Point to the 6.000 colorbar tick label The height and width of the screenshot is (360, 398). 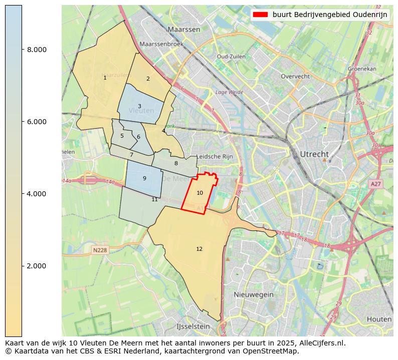point(37,122)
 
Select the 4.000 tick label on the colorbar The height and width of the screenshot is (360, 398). point(37,194)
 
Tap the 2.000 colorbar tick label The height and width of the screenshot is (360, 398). point(37,266)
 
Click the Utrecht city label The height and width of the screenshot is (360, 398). point(314,154)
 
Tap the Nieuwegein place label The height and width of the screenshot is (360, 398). point(254,294)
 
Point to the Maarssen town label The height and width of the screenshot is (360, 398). point(184,30)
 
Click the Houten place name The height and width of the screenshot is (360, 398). point(379,319)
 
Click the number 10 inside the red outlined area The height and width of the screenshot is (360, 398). point(200,193)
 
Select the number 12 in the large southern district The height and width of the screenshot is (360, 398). point(199,249)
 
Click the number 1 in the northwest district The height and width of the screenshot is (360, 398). point(105,78)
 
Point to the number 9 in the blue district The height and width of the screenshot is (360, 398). point(144,178)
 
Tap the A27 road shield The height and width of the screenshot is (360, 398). point(376,184)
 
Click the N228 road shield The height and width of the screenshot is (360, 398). point(100,250)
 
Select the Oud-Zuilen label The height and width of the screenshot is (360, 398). point(231,57)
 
